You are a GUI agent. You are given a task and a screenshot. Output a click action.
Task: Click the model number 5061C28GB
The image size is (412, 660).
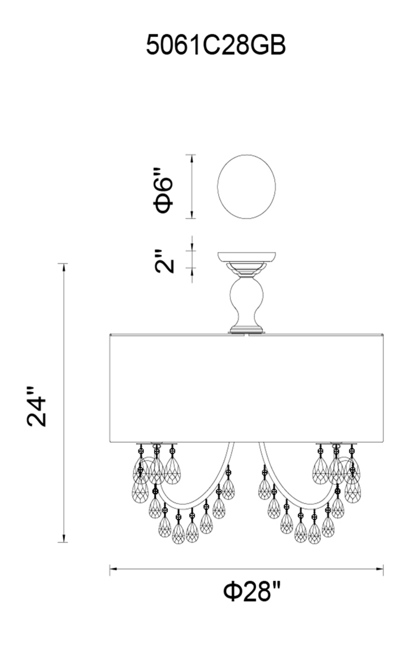coord(215,45)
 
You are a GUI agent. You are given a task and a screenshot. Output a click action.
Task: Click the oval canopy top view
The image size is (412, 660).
coord(246,186)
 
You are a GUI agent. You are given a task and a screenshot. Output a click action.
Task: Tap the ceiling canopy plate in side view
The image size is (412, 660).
coord(247,257)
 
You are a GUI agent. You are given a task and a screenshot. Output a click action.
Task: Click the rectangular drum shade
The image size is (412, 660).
coord(246,388)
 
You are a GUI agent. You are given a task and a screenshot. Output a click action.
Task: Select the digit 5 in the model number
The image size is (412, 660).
coord(153,45)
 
